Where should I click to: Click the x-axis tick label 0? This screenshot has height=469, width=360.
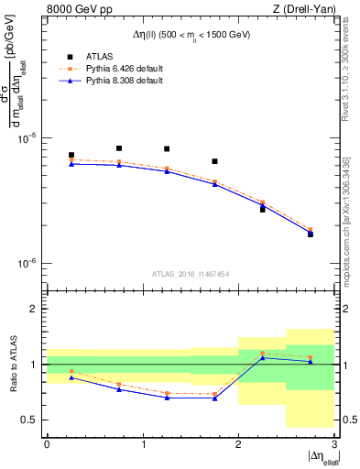pos(47,444)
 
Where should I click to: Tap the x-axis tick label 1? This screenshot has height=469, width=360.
pos(143,444)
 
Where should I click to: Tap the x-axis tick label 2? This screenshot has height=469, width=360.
pos(238,444)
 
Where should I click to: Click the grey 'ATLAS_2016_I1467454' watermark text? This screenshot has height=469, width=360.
pos(190,273)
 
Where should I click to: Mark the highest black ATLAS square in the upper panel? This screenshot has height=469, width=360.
pos(119,147)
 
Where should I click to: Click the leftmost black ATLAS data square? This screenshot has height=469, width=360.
pos(71,156)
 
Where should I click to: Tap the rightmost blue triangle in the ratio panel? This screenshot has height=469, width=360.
pos(310,362)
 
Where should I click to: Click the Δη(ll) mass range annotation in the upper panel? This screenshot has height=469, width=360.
pos(190,34)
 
